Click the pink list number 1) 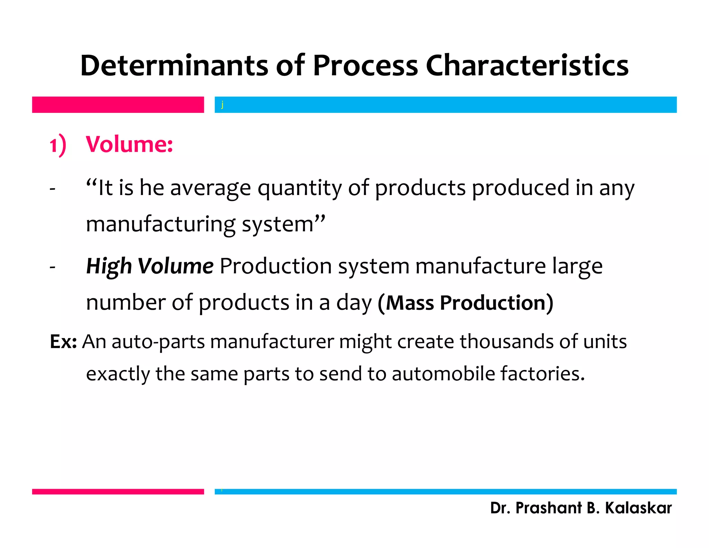coord(57,145)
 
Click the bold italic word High coord(109,266)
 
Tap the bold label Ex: coord(63,342)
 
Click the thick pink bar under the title coord(118,105)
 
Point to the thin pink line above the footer coord(118,492)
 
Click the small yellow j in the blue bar coord(222,104)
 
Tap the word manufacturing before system coord(161,224)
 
